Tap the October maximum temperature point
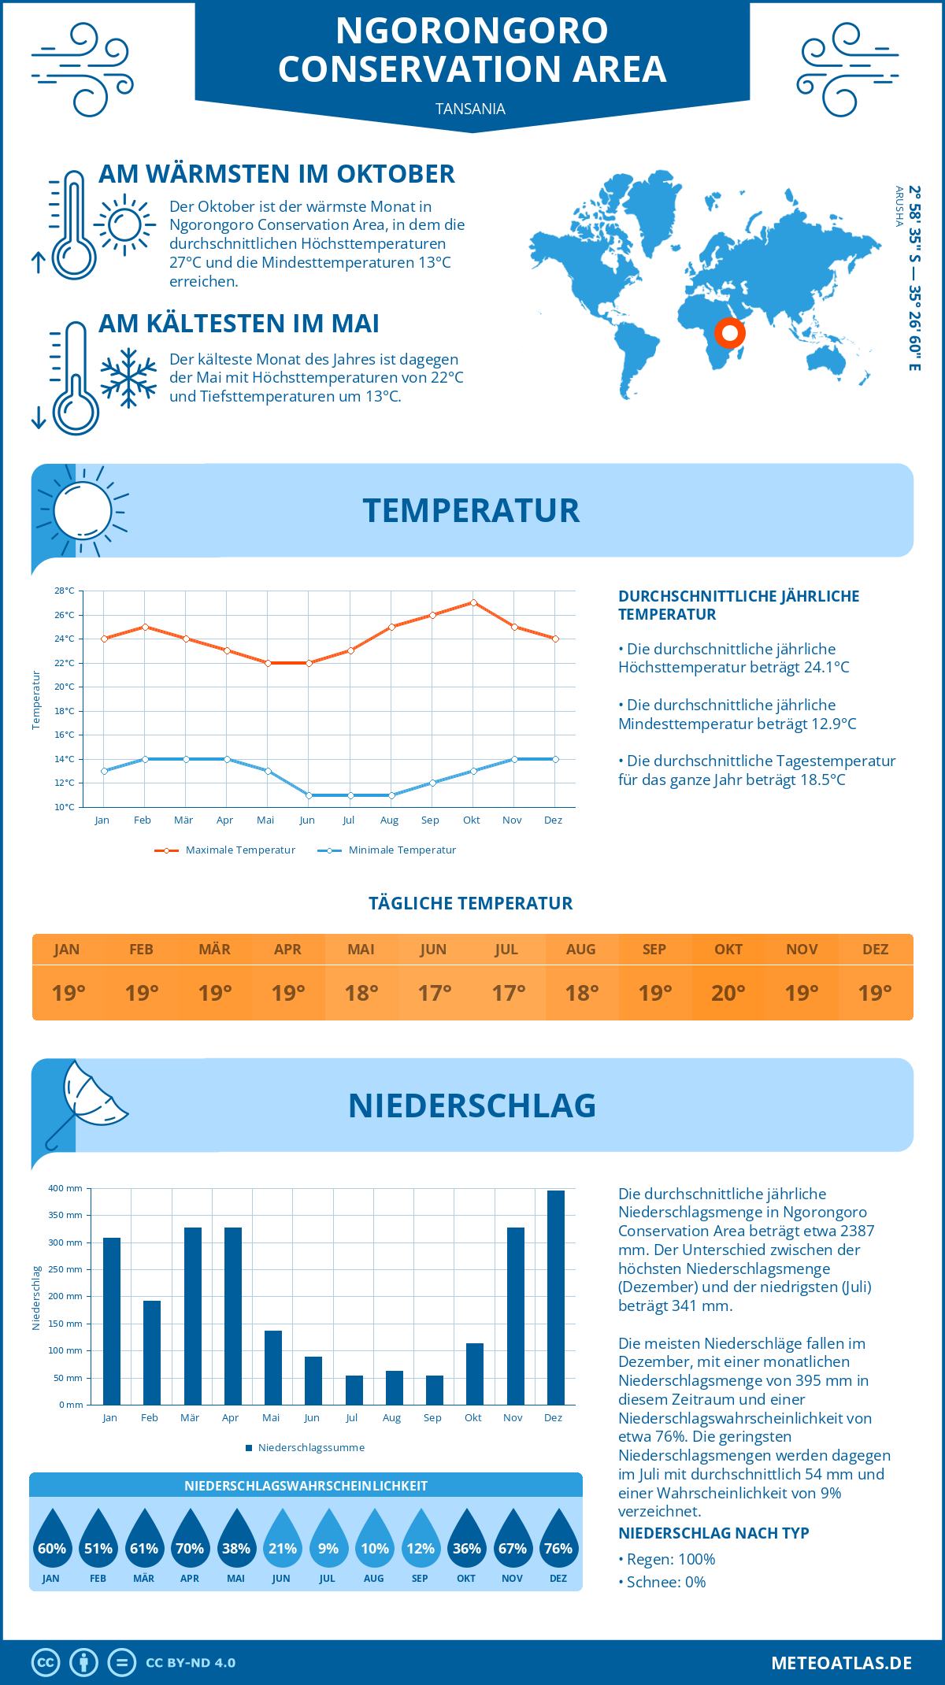tap(473, 602)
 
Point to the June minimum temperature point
tap(309, 795)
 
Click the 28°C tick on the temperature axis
tap(65, 591)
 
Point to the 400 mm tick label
tap(65, 1188)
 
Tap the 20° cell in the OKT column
tap(728, 993)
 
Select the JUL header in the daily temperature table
tap(506, 950)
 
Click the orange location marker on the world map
tap(730, 333)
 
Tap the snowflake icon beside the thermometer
tap(128, 378)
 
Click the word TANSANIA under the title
tap(471, 109)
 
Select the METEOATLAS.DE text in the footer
tap(841, 1663)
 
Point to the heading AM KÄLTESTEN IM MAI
tap(239, 324)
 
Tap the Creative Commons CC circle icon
tap(46, 1663)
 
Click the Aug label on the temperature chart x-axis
tap(389, 820)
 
